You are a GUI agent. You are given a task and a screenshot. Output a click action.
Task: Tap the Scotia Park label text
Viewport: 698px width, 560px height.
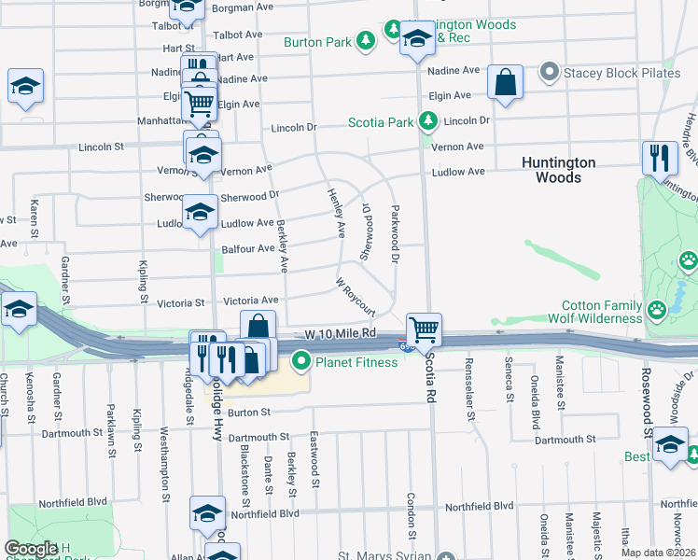[380, 121]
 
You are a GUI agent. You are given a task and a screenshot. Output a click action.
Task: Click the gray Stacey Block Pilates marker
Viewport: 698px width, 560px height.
[550, 72]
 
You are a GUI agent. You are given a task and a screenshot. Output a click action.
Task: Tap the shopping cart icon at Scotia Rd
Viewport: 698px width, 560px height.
[424, 329]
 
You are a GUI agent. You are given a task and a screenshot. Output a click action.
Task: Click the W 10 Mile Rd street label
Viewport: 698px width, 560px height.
[340, 333]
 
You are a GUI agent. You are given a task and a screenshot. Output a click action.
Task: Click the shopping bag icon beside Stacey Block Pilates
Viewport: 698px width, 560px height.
[504, 81]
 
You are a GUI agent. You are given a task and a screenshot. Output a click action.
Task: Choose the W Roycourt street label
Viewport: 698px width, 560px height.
[355, 296]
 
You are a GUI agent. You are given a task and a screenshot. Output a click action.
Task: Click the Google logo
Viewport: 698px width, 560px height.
[31, 550]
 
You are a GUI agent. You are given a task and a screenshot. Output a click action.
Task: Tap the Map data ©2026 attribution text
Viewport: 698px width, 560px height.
[658, 553]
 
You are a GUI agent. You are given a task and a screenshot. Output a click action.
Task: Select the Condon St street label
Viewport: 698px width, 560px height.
[410, 514]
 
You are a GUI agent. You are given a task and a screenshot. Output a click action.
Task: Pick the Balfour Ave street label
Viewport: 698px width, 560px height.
[248, 249]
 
